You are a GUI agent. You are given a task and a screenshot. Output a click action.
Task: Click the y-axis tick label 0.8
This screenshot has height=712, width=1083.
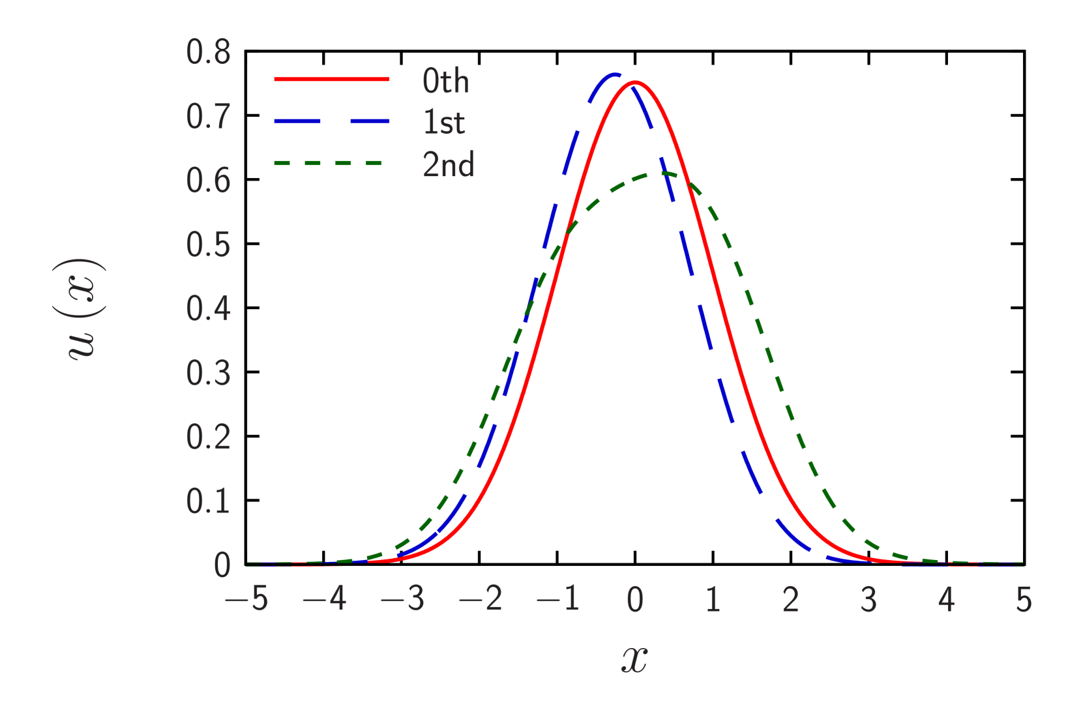(x=209, y=53)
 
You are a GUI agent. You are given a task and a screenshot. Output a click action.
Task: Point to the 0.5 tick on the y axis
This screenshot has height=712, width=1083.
(x=209, y=245)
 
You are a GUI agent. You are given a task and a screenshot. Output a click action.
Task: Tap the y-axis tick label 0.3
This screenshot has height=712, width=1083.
(x=209, y=373)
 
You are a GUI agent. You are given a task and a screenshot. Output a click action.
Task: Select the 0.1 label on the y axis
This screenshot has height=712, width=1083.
(x=209, y=501)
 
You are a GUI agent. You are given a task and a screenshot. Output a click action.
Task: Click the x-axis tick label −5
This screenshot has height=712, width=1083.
(x=246, y=599)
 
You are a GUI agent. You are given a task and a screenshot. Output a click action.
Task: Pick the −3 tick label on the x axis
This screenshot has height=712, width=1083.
(x=402, y=599)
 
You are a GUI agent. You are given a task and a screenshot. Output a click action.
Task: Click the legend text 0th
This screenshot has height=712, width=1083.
(x=446, y=82)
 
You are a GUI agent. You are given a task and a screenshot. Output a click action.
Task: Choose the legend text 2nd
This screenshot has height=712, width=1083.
(x=449, y=165)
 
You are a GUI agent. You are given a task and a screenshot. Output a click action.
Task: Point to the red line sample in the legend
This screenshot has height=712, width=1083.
(x=331, y=80)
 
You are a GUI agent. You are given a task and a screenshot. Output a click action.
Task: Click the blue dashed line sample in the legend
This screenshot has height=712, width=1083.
(x=331, y=121)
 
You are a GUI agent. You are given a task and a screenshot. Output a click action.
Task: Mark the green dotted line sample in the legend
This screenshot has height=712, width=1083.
(x=331, y=162)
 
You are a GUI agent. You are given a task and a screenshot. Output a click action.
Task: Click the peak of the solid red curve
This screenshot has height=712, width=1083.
(x=635, y=83)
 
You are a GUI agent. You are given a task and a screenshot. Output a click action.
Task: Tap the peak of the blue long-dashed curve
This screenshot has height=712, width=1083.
(x=616, y=74)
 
